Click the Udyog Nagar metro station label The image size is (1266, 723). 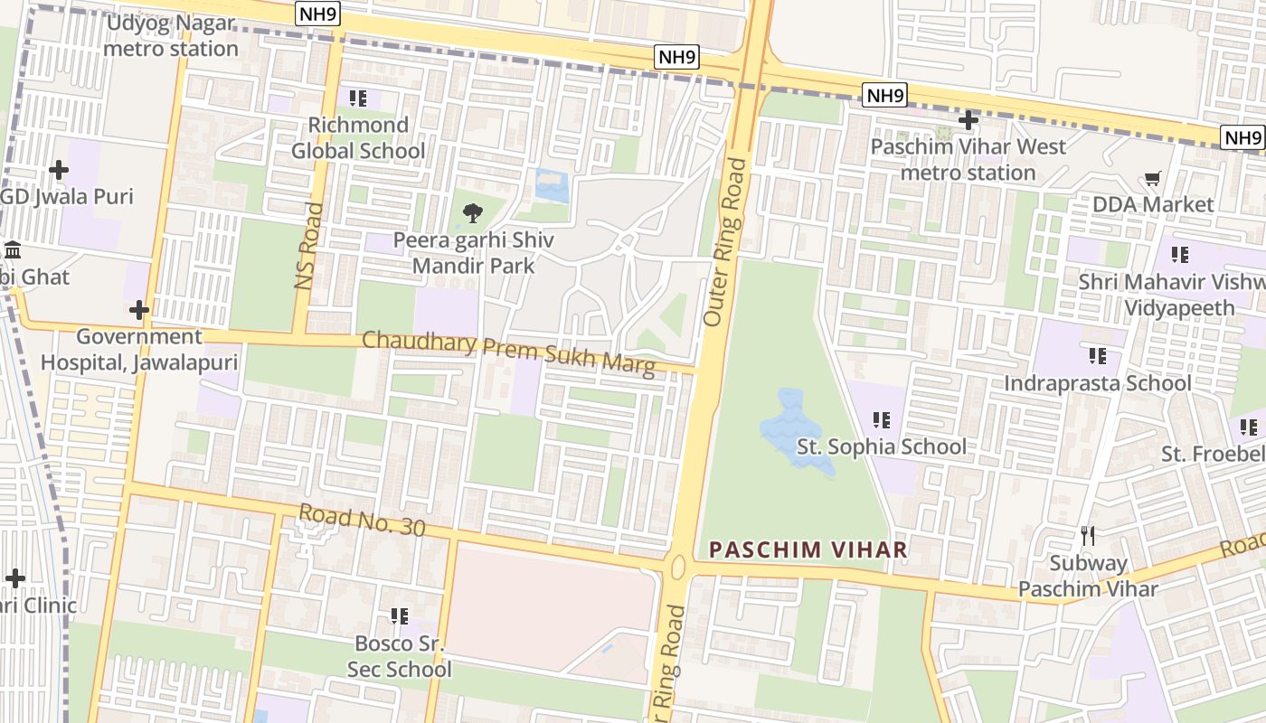(x=170, y=36)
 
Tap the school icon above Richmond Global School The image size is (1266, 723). (x=358, y=98)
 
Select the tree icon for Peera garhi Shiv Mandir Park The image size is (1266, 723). (x=472, y=214)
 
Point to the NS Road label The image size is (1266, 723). (x=309, y=246)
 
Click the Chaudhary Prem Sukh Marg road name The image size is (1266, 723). (x=508, y=353)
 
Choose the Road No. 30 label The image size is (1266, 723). (x=362, y=520)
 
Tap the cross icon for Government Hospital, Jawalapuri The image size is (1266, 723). (x=138, y=311)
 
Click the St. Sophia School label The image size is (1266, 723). (x=881, y=446)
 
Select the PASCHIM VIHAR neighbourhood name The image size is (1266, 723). (x=808, y=549)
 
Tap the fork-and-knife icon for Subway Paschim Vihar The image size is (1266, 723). (x=1088, y=536)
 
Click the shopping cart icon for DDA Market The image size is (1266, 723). (x=1152, y=179)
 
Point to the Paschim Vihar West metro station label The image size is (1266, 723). (x=968, y=159)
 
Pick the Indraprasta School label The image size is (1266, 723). (x=1097, y=383)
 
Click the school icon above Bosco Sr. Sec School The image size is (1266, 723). (x=399, y=616)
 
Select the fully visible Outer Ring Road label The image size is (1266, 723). (x=726, y=242)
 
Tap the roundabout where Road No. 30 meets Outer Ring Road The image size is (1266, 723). (x=678, y=568)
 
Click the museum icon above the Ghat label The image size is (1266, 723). (x=13, y=250)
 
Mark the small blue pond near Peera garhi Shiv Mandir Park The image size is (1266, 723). (x=552, y=185)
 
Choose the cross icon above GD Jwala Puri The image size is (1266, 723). (x=59, y=170)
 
